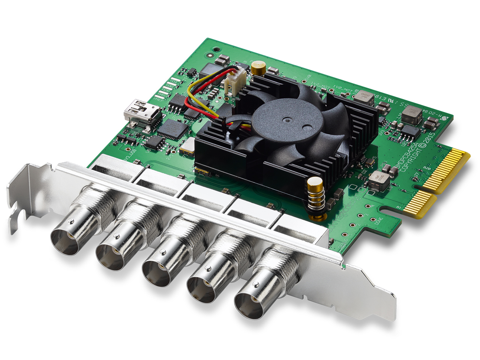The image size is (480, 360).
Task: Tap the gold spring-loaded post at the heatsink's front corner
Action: [x=315, y=199]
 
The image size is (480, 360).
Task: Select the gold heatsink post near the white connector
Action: [x=258, y=68]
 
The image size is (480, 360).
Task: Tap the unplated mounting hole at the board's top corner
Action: [x=216, y=49]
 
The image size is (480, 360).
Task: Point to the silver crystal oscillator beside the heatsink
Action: [x=187, y=147]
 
